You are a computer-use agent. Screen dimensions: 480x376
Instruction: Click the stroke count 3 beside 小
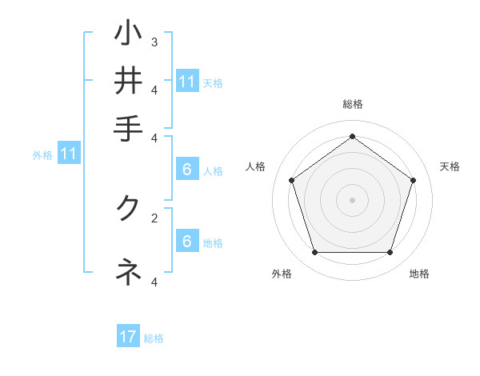point(154,42)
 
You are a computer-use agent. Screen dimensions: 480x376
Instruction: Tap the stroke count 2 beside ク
point(154,217)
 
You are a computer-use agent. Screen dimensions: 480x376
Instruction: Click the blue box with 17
point(128,337)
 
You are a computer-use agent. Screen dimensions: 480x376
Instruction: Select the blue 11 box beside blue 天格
point(187,82)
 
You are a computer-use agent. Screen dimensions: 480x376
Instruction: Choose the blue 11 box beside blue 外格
point(68,154)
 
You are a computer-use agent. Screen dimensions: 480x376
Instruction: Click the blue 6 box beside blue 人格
point(186,170)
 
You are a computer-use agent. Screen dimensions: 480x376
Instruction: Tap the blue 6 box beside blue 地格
point(186,242)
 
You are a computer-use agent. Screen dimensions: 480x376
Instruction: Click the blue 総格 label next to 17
point(154,338)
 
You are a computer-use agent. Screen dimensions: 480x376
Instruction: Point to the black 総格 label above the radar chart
point(353,104)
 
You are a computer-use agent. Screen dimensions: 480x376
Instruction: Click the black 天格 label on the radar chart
point(450,166)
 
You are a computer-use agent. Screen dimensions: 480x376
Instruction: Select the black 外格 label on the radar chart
point(282,274)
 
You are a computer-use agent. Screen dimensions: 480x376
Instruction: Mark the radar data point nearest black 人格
point(292,180)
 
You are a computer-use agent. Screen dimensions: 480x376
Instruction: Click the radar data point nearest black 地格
point(390,252)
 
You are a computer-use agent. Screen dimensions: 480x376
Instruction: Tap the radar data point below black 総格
point(353,136)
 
